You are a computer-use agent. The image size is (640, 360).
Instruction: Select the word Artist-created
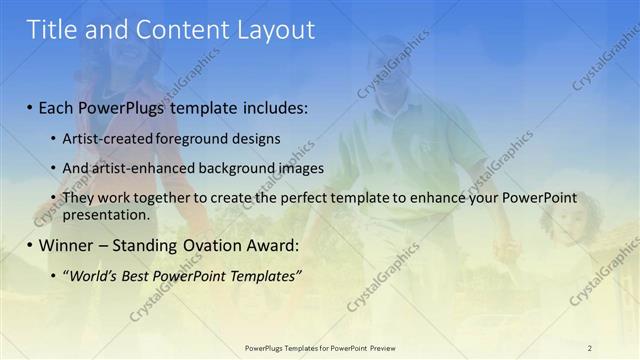pos(109,138)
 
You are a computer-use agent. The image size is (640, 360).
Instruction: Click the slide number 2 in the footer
pos(589,348)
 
